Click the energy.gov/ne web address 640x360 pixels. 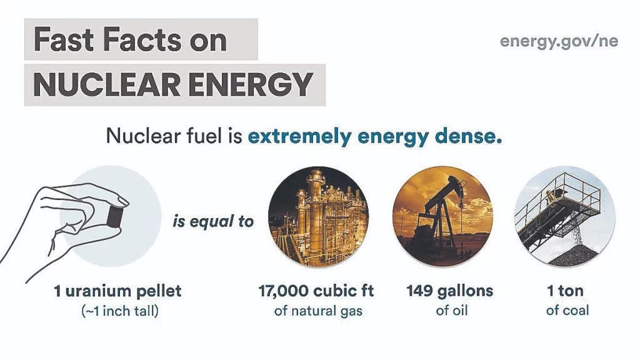(559, 41)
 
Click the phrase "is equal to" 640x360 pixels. (213, 222)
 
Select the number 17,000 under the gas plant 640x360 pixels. (283, 291)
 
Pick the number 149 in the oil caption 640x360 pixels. (419, 291)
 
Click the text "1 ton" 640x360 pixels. (565, 291)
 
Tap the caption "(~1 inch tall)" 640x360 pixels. (120, 311)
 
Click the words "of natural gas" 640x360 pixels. (318, 311)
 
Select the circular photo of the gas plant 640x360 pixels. (318, 216)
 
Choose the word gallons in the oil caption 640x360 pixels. (465, 291)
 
